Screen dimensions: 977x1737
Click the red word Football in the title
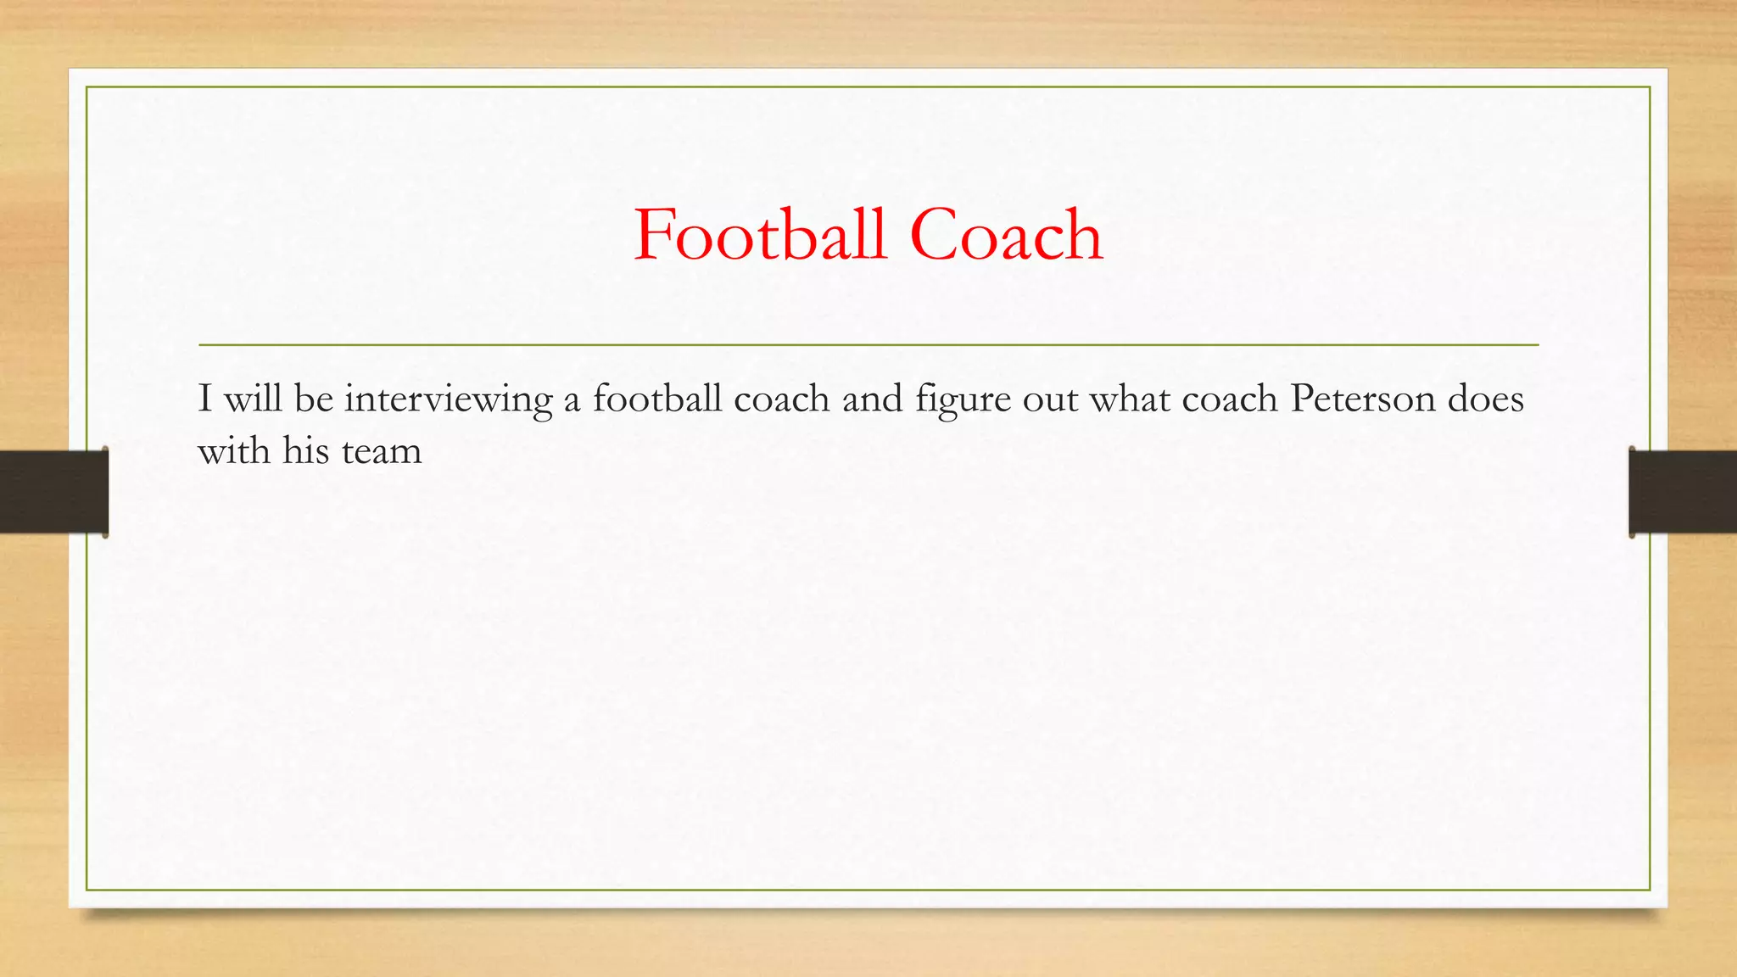[x=760, y=235]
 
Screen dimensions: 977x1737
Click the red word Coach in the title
[x=1006, y=235]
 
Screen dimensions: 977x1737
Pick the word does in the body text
[x=1485, y=399]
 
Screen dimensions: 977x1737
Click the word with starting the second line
[x=234, y=450]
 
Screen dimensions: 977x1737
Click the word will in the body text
[x=253, y=399]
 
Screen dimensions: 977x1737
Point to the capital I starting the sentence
[x=204, y=399]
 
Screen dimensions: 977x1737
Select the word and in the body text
[x=872, y=399]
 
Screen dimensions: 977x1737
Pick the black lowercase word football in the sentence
[x=657, y=399]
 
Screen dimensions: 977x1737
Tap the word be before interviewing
[x=314, y=399]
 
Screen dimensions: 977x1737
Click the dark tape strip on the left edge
[x=53, y=492]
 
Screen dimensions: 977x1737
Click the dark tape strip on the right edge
[x=1683, y=492]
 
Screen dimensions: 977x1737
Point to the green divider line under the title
[x=868, y=345]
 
